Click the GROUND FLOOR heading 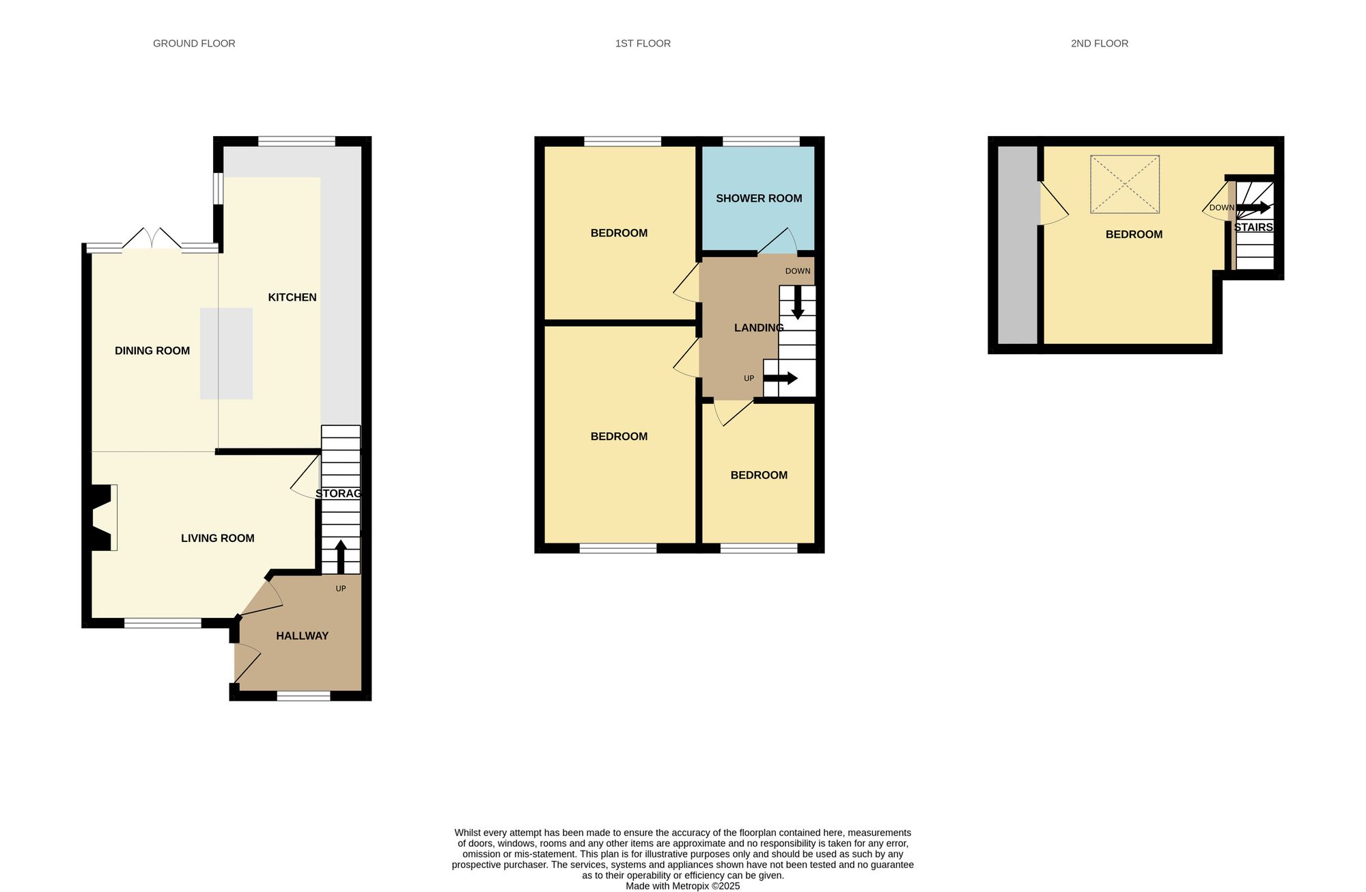pos(194,44)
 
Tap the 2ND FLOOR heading pos(1099,44)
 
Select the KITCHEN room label pos(292,297)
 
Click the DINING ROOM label pos(152,351)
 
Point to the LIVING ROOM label pos(217,539)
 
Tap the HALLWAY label pos(302,636)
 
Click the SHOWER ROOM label pos(759,198)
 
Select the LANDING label pos(758,328)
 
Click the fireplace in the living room pos(102,517)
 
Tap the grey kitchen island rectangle pos(226,353)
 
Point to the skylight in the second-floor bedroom pos(1124,185)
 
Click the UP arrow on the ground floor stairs pos(340,556)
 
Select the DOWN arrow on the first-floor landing pos(797,302)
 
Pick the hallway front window pos(303,696)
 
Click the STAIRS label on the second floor pos(1253,227)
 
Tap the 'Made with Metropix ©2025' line pos(682,886)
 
